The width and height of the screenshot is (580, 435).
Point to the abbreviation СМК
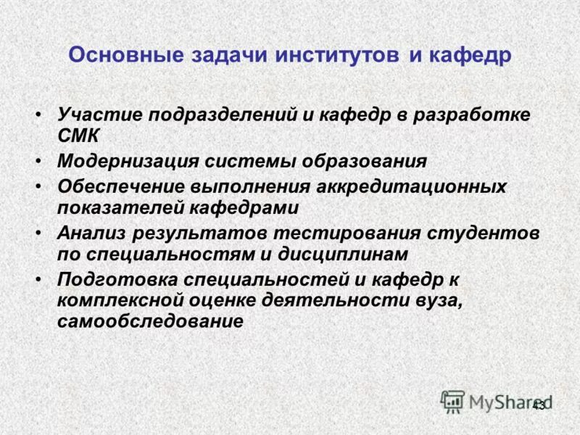coord(79,135)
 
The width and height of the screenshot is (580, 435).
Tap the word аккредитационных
coord(410,186)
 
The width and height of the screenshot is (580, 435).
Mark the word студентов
coord(484,232)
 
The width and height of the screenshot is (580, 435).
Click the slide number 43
coord(538,405)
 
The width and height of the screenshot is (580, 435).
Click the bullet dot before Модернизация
coord(38,160)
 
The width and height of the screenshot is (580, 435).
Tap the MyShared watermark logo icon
coord(452,401)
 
